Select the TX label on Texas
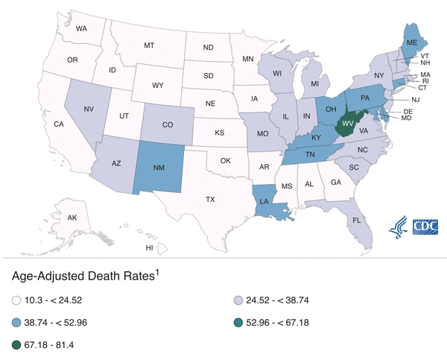pos(210,199)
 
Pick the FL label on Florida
pos(357,221)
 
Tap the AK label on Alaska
pos(72,218)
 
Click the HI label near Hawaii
pos(149,247)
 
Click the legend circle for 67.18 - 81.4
pos(17,345)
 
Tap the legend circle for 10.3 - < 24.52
pos(17,301)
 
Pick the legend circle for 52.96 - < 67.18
pos(238,323)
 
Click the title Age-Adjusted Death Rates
pos(80,277)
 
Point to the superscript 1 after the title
pos(157,272)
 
